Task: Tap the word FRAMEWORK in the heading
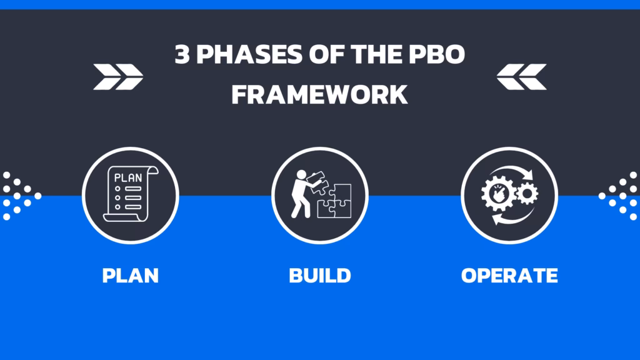320,94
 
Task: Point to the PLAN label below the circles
131,276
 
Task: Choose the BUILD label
320,276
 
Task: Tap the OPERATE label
509,276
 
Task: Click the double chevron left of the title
118,76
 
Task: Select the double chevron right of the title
521,76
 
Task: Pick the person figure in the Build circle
303,193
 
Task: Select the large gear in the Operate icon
499,196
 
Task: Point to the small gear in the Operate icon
527,193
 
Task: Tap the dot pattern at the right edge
621,196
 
